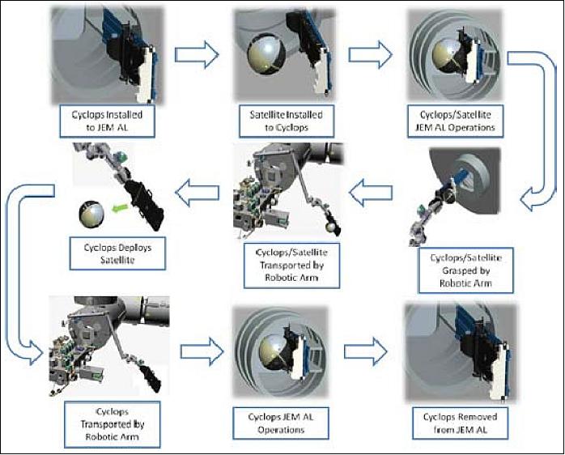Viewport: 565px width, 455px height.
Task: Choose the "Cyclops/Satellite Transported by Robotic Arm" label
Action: click(x=279, y=262)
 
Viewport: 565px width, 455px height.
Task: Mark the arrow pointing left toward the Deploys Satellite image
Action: click(x=199, y=193)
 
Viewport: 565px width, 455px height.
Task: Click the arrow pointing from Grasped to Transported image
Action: click(x=370, y=193)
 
